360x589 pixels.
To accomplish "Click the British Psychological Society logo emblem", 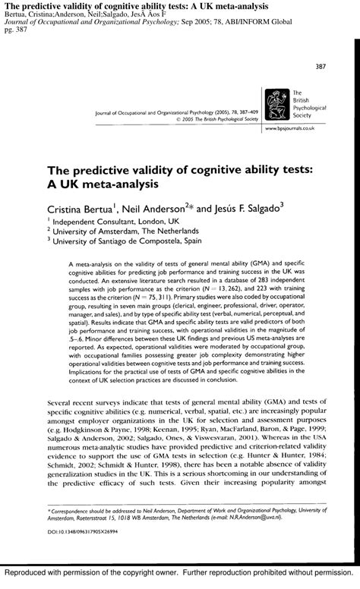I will tap(271, 101).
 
